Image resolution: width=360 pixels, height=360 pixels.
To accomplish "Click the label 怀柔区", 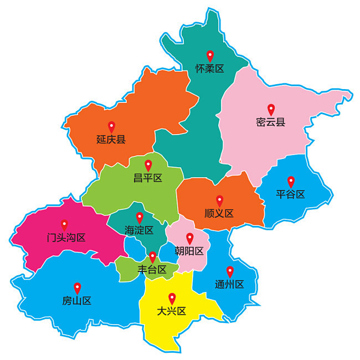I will coord(210,69).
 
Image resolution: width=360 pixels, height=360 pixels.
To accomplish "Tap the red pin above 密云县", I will coord(271,109).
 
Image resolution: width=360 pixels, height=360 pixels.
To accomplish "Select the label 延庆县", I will coord(111,139).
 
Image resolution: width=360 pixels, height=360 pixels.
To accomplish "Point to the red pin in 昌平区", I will coord(148,164).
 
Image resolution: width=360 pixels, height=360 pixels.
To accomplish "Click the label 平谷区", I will coord(291,194).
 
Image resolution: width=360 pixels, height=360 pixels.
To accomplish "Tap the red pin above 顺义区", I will coord(219,200).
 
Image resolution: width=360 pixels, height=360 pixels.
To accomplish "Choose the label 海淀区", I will coord(139,230).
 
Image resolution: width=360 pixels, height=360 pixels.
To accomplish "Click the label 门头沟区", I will coord(66,238).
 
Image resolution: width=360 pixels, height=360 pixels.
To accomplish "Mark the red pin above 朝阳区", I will coord(189,238).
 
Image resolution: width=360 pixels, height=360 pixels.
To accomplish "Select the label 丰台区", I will coord(152,270).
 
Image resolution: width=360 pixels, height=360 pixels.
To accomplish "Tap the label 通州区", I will coord(229,285).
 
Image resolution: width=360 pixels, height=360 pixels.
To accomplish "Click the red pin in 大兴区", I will coord(172,297).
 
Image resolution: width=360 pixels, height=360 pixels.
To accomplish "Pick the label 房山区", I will coord(76,301).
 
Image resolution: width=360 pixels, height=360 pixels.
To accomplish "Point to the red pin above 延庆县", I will coord(111,126).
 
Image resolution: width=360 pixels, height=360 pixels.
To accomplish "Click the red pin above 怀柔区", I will coord(210,55).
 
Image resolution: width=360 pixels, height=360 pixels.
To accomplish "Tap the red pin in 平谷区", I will coord(291,181).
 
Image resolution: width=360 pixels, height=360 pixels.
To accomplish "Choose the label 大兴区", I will coord(172,311).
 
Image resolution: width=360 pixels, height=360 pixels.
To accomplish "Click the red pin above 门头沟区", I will coord(64,224).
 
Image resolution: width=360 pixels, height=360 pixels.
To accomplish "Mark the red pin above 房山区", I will coord(77,287).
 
